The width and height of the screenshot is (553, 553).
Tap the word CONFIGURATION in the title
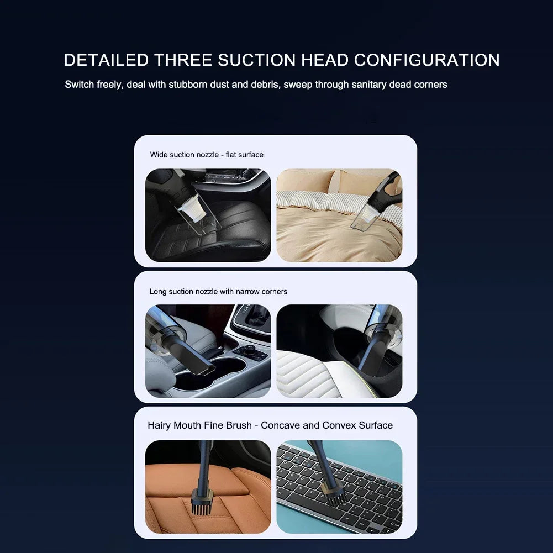tap(426, 60)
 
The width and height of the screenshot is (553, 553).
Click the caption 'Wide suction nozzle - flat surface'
tap(207, 155)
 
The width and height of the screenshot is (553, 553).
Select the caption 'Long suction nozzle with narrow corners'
tap(218, 291)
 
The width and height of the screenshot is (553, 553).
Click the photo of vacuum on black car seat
tap(208, 215)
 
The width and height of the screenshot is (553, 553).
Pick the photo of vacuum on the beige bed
tap(339, 215)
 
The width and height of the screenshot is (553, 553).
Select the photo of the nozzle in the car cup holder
tap(208, 351)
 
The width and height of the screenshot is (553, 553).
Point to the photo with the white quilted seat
tap(339, 351)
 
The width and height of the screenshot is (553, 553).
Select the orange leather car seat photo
tap(208, 487)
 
